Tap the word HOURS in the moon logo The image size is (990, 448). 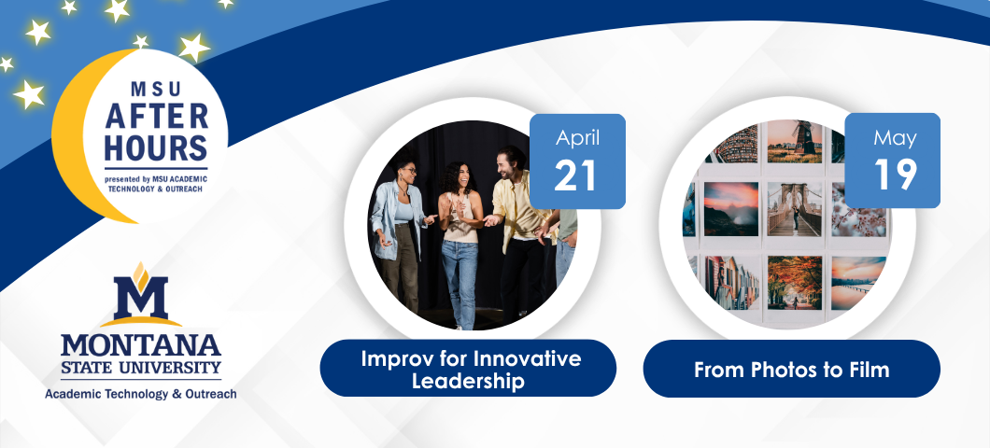click(156, 147)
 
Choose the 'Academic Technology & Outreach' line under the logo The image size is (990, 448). click(141, 394)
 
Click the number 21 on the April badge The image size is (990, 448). click(576, 175)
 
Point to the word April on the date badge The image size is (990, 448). click(577, 139)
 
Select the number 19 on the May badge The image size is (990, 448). click(892, 175)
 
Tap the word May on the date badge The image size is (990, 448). click(892, 139)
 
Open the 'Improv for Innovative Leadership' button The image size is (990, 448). click(468, 369)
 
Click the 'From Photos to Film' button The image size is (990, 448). click(791, 369)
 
